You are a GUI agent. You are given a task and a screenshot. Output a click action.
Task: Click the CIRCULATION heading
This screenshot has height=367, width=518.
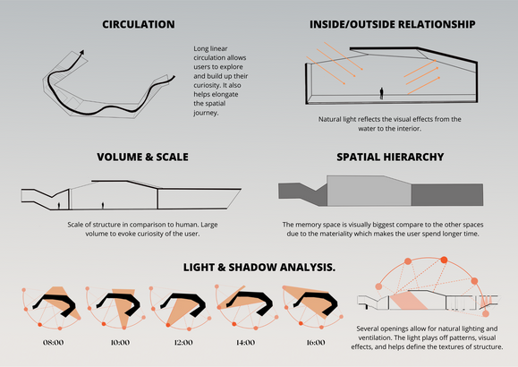139,24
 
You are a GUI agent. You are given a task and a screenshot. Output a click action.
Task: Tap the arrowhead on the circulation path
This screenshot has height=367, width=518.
82,53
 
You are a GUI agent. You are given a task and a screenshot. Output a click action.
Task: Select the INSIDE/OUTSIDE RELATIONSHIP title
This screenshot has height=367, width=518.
393,24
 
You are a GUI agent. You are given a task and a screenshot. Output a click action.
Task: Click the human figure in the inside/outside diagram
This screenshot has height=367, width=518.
381,93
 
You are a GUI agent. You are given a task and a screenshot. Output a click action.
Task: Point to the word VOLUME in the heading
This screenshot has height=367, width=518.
119,157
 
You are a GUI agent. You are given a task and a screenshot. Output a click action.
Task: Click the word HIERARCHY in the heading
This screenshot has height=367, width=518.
417,157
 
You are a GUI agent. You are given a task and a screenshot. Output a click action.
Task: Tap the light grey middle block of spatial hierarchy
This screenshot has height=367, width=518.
369,191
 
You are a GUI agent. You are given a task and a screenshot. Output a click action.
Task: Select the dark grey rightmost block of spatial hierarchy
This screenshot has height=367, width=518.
447,194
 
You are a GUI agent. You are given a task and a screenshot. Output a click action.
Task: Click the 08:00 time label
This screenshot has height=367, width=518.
53,343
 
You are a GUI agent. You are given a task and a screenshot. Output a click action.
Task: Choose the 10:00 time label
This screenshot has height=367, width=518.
120,343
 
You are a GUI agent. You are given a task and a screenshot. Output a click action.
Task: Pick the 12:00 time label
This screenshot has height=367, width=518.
183,343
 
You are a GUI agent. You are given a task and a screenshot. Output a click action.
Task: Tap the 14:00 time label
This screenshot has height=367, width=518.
245,343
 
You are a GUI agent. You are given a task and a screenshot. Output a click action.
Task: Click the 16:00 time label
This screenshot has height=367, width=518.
316,343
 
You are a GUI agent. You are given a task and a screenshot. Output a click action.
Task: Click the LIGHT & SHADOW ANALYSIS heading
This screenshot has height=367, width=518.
259,267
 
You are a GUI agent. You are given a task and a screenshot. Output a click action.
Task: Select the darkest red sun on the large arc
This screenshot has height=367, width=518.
444,260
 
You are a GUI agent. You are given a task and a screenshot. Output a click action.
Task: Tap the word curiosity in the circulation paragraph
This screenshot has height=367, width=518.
208,85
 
